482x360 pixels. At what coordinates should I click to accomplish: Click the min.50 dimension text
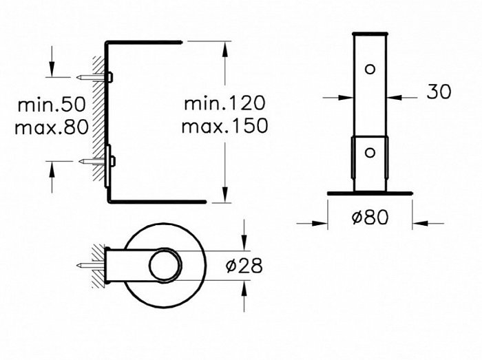[52, 105]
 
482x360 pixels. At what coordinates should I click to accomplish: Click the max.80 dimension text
[52, 127]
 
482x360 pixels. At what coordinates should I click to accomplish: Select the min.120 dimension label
[224, 103]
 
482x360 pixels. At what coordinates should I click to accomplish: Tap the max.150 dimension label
[224, 126]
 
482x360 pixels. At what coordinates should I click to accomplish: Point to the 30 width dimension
[439, 92]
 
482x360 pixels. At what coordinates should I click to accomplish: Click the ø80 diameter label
[370, 218]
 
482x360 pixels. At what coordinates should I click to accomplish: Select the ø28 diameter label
[244, 266]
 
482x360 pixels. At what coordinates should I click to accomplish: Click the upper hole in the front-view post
[370, 69]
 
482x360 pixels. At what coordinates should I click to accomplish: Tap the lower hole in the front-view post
[370, 152]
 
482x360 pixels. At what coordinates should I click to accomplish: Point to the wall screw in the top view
[91, 265]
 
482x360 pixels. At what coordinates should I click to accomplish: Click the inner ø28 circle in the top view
[166, 265]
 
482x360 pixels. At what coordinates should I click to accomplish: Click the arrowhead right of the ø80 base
[420, 223]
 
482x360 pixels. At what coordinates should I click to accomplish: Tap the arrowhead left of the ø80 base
[319, 223]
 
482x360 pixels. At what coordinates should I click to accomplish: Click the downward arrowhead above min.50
[52, 69]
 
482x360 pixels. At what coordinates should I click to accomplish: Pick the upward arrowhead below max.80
[52, 169]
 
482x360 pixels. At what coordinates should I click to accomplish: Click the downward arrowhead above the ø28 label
[244, 243]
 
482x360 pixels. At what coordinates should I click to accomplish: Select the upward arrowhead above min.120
[225, 49]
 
